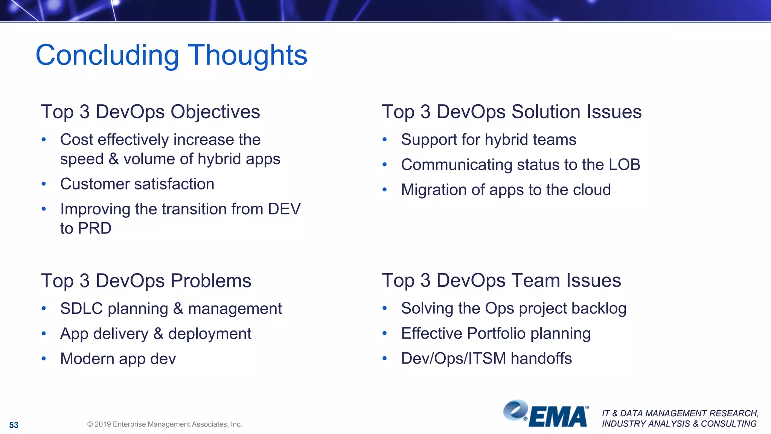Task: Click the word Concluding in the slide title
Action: [107, 55]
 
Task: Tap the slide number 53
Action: [14, 425]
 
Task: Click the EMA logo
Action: [546, 414]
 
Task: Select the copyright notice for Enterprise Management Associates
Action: [165, 424]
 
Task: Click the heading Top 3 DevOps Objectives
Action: [150, 112]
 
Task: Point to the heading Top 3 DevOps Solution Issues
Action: [511, 112]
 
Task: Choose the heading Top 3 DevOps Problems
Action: [146, 281]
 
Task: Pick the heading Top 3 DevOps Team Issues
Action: [501, 281]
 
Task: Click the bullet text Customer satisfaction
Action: [137, 184]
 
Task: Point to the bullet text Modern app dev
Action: [118, 359]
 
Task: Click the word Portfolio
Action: [496, 333]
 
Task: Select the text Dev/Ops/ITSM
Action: [453, 358]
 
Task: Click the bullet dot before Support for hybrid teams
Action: [384, 140]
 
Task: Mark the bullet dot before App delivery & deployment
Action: [44, 333]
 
